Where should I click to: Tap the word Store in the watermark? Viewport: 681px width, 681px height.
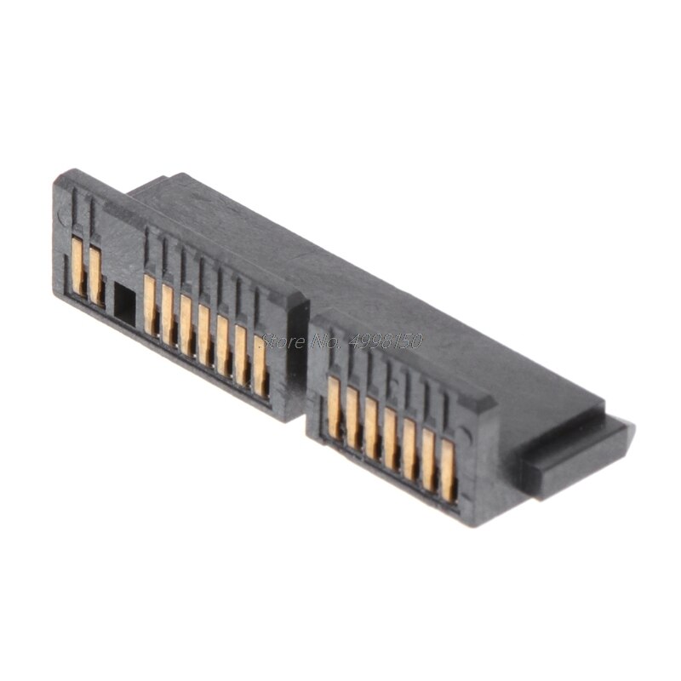click(277, 341)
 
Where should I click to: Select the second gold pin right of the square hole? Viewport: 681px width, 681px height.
click(168, 312)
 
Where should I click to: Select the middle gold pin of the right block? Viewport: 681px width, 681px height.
click(390, 434)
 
